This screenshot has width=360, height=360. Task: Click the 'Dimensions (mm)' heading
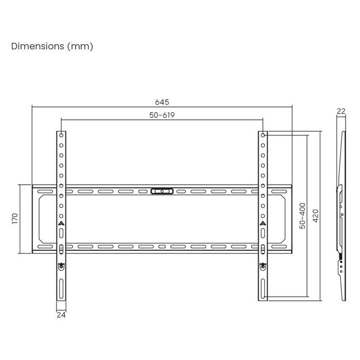pyautogui.click(x=52, y=46)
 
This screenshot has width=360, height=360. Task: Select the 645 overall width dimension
pyautogui.click(x=162, y=102)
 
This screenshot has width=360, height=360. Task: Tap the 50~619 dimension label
pyautogui.click(x=162, y=115)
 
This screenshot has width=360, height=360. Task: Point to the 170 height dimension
pyautogui.click(x=15, y=219)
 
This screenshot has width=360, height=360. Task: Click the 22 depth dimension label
pyautogui.click(x=340, y=111)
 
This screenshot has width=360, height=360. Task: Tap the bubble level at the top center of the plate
pyautogui.click(x=162, y=191)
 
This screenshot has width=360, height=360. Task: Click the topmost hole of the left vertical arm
pyautogui.click(x=61, y=135)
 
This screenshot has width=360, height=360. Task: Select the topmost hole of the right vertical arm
pyautogui.click(x=263, y=135)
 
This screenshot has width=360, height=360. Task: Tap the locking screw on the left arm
pyautogui.click(x=61, y=266)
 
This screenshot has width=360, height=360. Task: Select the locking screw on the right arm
pyautogui.click(x=263, y=266)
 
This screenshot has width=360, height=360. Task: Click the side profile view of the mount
pyautogui.click(x=340, y=216)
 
